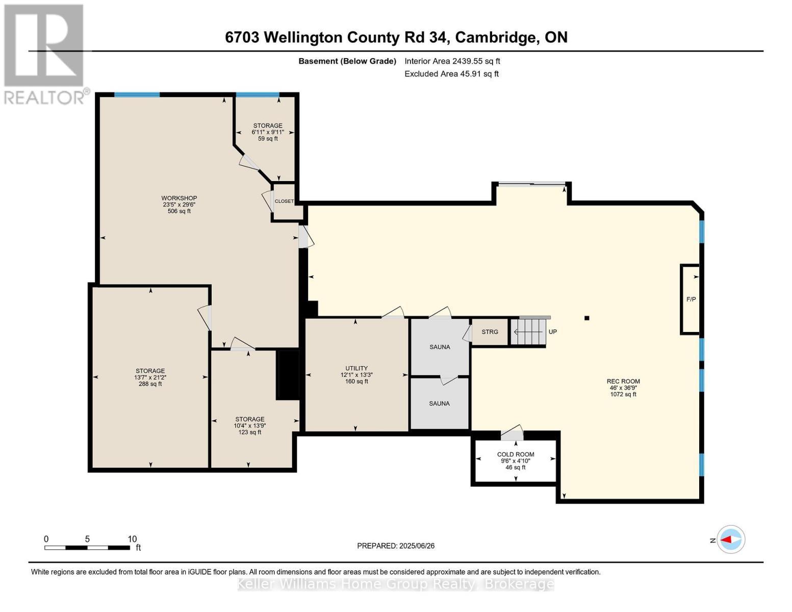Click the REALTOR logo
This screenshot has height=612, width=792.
[45, 54]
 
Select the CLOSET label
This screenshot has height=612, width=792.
[284, 201]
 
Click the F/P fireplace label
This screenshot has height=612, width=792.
[691, 299]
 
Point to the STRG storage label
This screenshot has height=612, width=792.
[490, 332]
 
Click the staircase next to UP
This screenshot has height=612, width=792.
[529, 332]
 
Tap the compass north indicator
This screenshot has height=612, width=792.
[730, 540]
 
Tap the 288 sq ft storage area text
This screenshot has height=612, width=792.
[150, 384]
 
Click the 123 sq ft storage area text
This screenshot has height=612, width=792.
[250, 432]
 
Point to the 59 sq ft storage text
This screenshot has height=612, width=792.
[268, 139]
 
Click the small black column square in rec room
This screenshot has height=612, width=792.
[587, 318]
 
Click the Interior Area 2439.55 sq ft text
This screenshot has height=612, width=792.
[452, 61]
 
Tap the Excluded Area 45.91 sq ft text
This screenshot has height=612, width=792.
[451, 74]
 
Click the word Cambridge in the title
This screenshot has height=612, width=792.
[495, 37]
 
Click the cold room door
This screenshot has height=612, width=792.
[513, 434]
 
